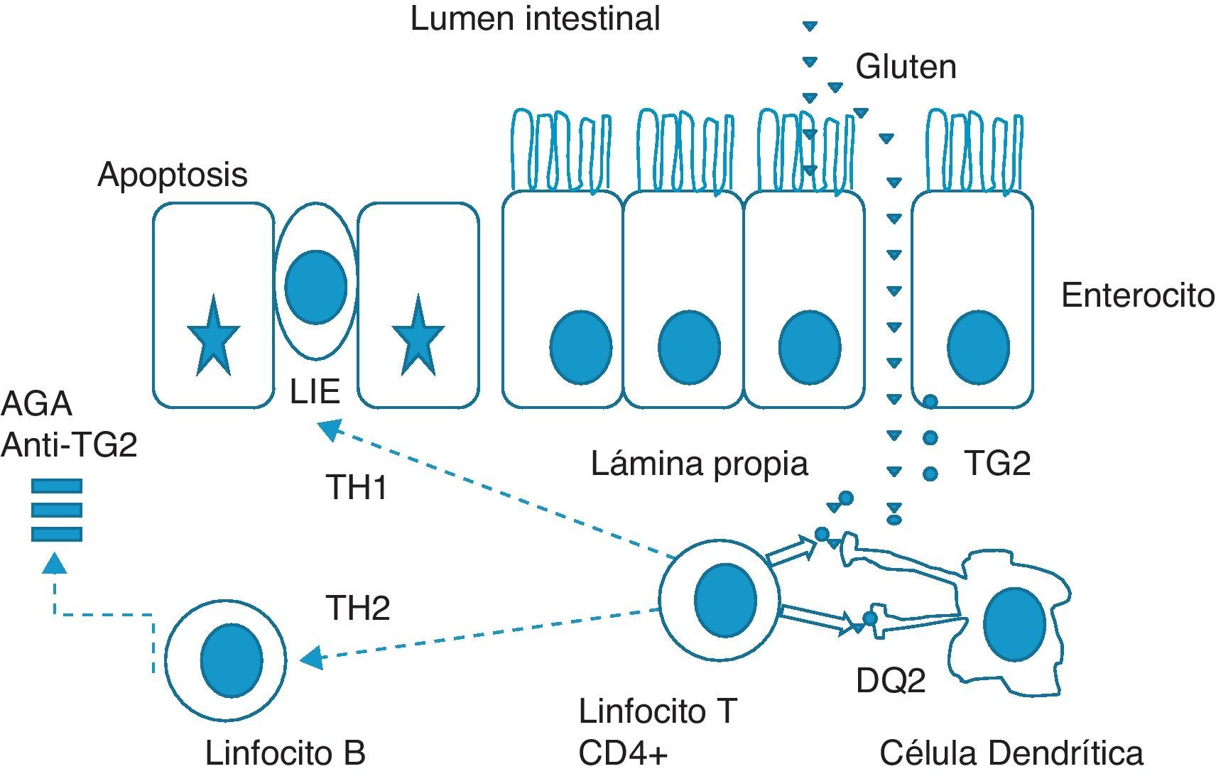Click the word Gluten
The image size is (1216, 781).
(906, 67)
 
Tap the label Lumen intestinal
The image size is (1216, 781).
(535, 18)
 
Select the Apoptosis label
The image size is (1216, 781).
(173, 175)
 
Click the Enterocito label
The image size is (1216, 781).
(1137, 295)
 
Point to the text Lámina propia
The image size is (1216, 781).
(699, 464)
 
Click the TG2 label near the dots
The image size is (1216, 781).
(997, 464)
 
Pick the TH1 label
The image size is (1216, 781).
(357, 488)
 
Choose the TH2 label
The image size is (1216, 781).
(357, 608)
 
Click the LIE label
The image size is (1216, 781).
(315, 391)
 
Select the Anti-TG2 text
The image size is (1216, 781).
(69, 445)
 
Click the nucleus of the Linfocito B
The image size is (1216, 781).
(232, 660)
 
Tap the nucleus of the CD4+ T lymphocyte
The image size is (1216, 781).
(725, 600)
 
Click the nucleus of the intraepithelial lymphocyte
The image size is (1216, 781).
(315, 286)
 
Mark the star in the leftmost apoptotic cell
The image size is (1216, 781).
(213, 338)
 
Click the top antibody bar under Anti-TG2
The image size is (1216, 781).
(57, 486)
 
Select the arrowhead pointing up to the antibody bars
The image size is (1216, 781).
(55, 564)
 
